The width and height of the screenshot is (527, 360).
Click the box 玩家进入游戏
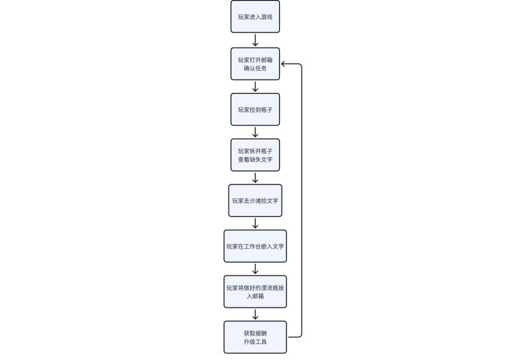tap(255, 17)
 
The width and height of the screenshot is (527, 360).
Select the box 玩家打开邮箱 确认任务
tap(255, 64)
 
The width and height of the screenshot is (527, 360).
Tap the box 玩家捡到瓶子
tap(255, 109)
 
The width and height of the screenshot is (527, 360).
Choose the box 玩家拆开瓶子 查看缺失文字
tap(255, 155)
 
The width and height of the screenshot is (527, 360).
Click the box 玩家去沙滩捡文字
tap(255, 200)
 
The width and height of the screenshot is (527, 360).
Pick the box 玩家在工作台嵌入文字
tap(255, 246)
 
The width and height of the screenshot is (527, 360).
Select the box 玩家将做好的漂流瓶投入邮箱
tap(255, 292)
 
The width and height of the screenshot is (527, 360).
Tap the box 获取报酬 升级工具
tap(255, 337)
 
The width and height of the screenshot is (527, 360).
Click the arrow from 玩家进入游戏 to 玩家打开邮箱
tap(255, 40)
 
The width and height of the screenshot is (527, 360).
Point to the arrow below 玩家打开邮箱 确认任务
tap(255, 87)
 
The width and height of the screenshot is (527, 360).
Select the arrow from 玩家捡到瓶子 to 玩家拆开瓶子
tap(255, 132)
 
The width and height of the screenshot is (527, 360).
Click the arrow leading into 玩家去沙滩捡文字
tap(255, 177)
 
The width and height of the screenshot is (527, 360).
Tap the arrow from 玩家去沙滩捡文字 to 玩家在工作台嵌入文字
tap(255, 223)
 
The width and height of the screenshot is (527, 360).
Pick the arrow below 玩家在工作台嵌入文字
tap(255, 269)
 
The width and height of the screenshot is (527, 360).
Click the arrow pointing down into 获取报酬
tap(255, 314)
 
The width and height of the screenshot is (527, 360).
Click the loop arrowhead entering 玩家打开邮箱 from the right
tap(283, 64)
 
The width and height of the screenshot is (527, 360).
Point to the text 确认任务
tap(255, 68)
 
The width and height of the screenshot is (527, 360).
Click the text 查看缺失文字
tap(255, 160)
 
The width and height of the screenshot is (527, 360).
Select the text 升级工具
tap(255, 342)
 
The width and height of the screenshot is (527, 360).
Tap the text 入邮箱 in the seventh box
tap(255, 296)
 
